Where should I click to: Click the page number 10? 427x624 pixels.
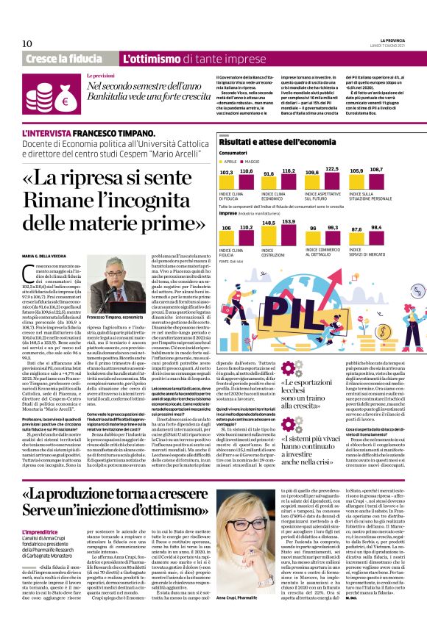click(x=27, y=43)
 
